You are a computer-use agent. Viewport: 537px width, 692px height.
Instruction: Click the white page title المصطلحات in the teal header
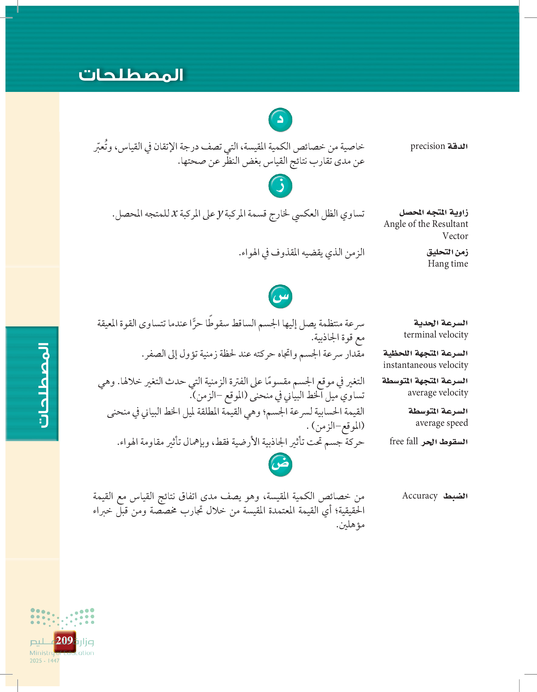[131, 75]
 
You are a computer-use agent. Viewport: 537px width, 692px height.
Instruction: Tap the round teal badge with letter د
[280, 120]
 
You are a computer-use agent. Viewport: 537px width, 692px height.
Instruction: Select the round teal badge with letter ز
[280, 186]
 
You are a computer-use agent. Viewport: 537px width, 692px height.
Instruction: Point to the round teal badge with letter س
[280, 297]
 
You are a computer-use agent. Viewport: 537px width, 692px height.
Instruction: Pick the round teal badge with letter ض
[280, 465]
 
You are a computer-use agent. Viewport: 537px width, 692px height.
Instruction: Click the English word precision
[428, 146]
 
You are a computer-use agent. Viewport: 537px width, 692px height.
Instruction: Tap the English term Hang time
[447, 264]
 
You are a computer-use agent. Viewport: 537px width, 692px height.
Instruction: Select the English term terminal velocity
[436, 334]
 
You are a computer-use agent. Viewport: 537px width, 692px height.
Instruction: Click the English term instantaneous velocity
[425, 365]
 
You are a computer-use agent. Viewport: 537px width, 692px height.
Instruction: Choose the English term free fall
[404, 442]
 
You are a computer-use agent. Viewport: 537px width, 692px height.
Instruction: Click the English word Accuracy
[420, 495]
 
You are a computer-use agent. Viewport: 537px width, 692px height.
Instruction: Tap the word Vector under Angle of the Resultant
[455, 236]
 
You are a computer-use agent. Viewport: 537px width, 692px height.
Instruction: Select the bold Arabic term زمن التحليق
[447, 252]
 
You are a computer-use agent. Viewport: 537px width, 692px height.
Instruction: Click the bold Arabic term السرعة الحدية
[441, 323]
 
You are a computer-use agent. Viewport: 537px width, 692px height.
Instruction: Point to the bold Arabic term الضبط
[455, 496]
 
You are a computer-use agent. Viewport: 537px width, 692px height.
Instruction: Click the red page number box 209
[65, 641]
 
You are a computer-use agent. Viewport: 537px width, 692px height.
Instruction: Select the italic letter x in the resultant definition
[174, 213]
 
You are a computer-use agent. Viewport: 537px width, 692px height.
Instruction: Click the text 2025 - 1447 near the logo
[44, 661]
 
